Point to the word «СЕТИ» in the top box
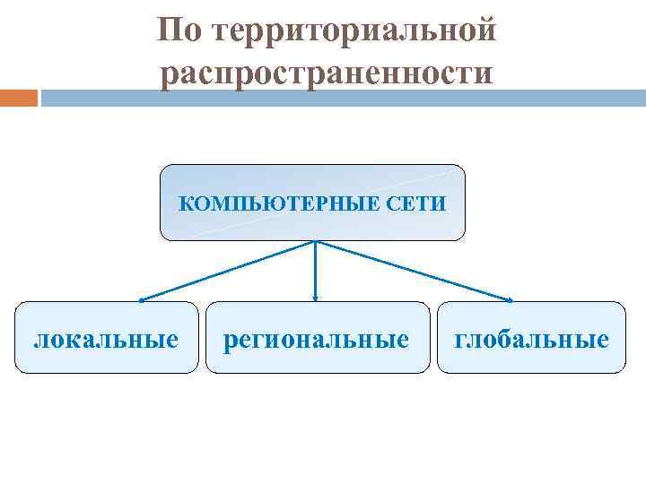[x=415, y=203]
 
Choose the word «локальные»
[x=105, y=339]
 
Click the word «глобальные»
[x=531, y=339]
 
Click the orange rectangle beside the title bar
[x=19, y=97]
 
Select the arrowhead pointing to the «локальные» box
[x=142, y=298]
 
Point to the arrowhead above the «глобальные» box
[x=510, y=298]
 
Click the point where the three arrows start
[x=315, y=242]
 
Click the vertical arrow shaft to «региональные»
[x=315, y=269]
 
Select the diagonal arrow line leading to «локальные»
[x=229, y=270]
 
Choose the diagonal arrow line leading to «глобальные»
[x=413, y=270]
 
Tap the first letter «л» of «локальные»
[x=40, y=340]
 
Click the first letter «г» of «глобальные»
[x=461, y=340]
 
